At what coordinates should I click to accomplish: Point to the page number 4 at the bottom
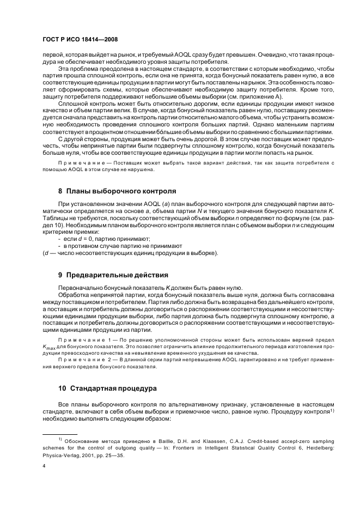[x=44, y=466]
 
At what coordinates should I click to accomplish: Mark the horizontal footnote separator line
[x=60, y=434]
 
